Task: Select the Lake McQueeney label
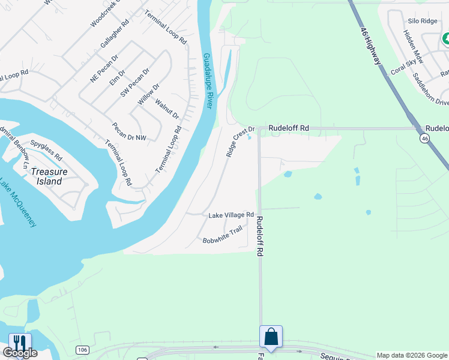[19, 203]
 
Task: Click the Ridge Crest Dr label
[240, 142]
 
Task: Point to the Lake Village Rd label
[231, 215]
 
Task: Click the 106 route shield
[83, 349]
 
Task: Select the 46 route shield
[425, 139]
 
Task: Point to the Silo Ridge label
[423, 21]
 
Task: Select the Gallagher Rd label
[115, 34]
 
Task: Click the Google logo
[19, 353]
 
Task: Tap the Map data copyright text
[412, 355]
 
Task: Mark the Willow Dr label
[148, 95]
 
